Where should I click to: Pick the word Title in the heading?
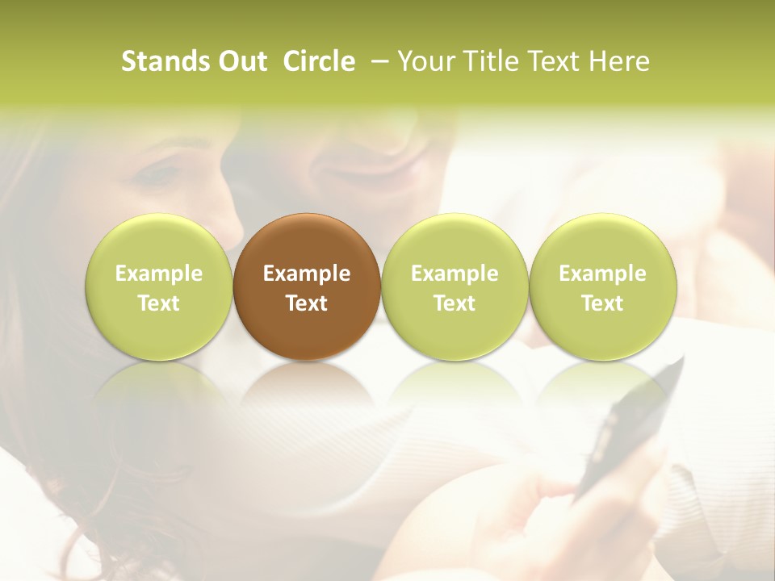coord(492,61)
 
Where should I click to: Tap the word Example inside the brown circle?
coord(307,274)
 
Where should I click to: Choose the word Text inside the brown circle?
coord(307,303)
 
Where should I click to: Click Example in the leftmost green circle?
coord(159,274)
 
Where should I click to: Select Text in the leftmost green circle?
coord(159,303)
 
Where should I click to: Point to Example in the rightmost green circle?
coord(602,274)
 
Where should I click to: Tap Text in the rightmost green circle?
coord(602,303)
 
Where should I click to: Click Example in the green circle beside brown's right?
coord(455,274)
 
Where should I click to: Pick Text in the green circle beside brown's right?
coord(455,303)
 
